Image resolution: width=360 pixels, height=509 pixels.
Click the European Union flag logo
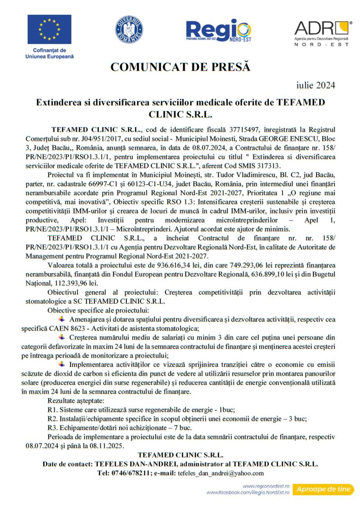(49, 29)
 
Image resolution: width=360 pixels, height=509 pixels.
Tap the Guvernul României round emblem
(129, 29)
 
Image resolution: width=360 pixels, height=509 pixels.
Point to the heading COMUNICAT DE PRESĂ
(180, 67)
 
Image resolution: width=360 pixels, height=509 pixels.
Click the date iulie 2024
(315, 85)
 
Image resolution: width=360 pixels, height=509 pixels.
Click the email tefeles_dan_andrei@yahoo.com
(221, 473)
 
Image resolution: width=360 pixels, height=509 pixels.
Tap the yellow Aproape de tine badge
(323, 489)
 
